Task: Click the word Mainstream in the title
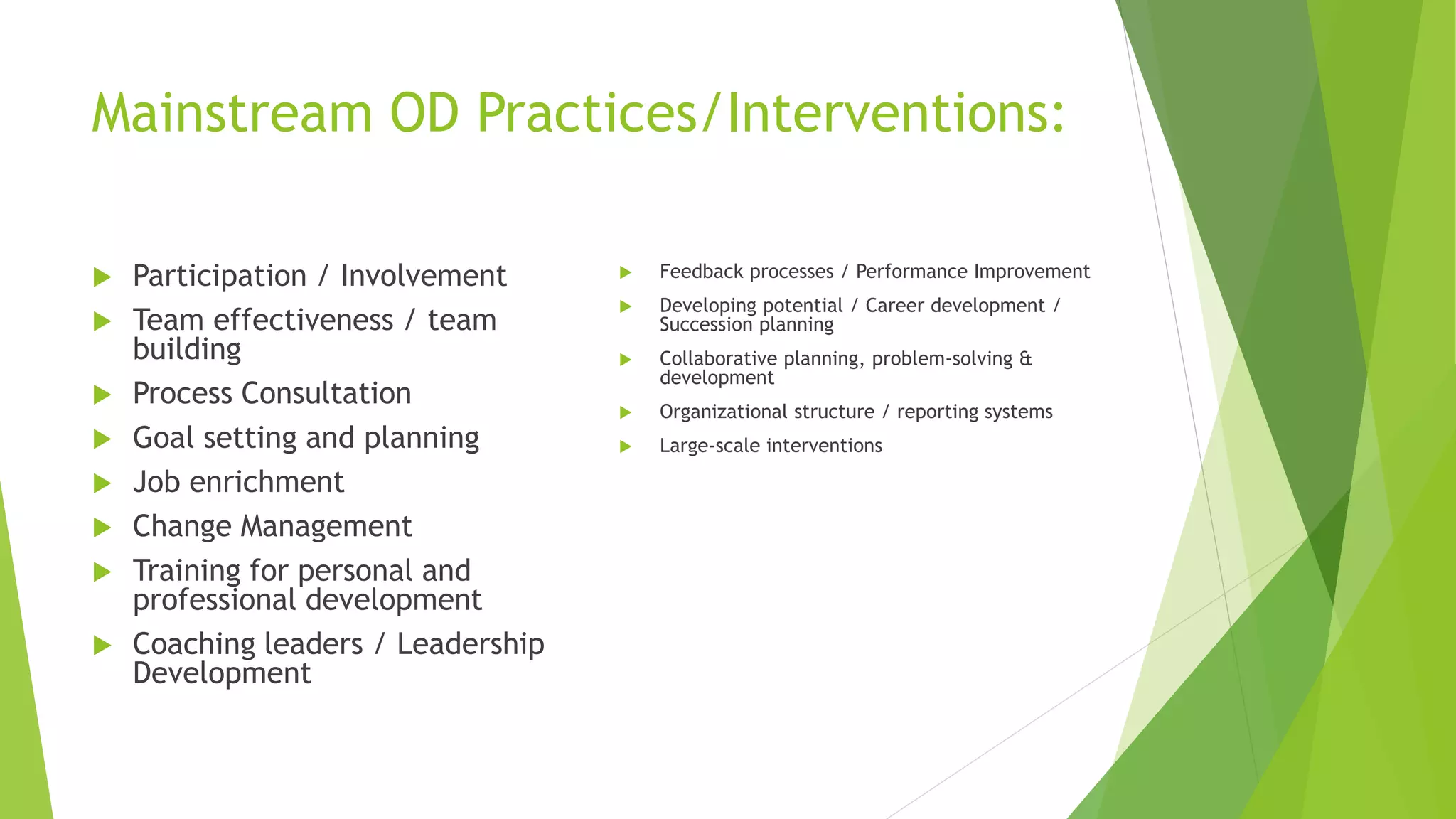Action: [232, 114]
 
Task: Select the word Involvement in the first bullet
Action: [423, 276]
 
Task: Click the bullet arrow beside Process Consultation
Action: [102, 395]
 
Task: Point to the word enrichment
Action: [267, 483]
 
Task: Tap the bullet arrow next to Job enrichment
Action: [102, 483]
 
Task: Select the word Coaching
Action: [187, 644]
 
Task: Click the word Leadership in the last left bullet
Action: [470, 644]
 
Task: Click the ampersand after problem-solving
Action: [1025, 358]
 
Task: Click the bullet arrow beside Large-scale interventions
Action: [626, 446]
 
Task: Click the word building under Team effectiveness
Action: [187, 350]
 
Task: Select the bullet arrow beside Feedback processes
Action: [626, 272]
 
